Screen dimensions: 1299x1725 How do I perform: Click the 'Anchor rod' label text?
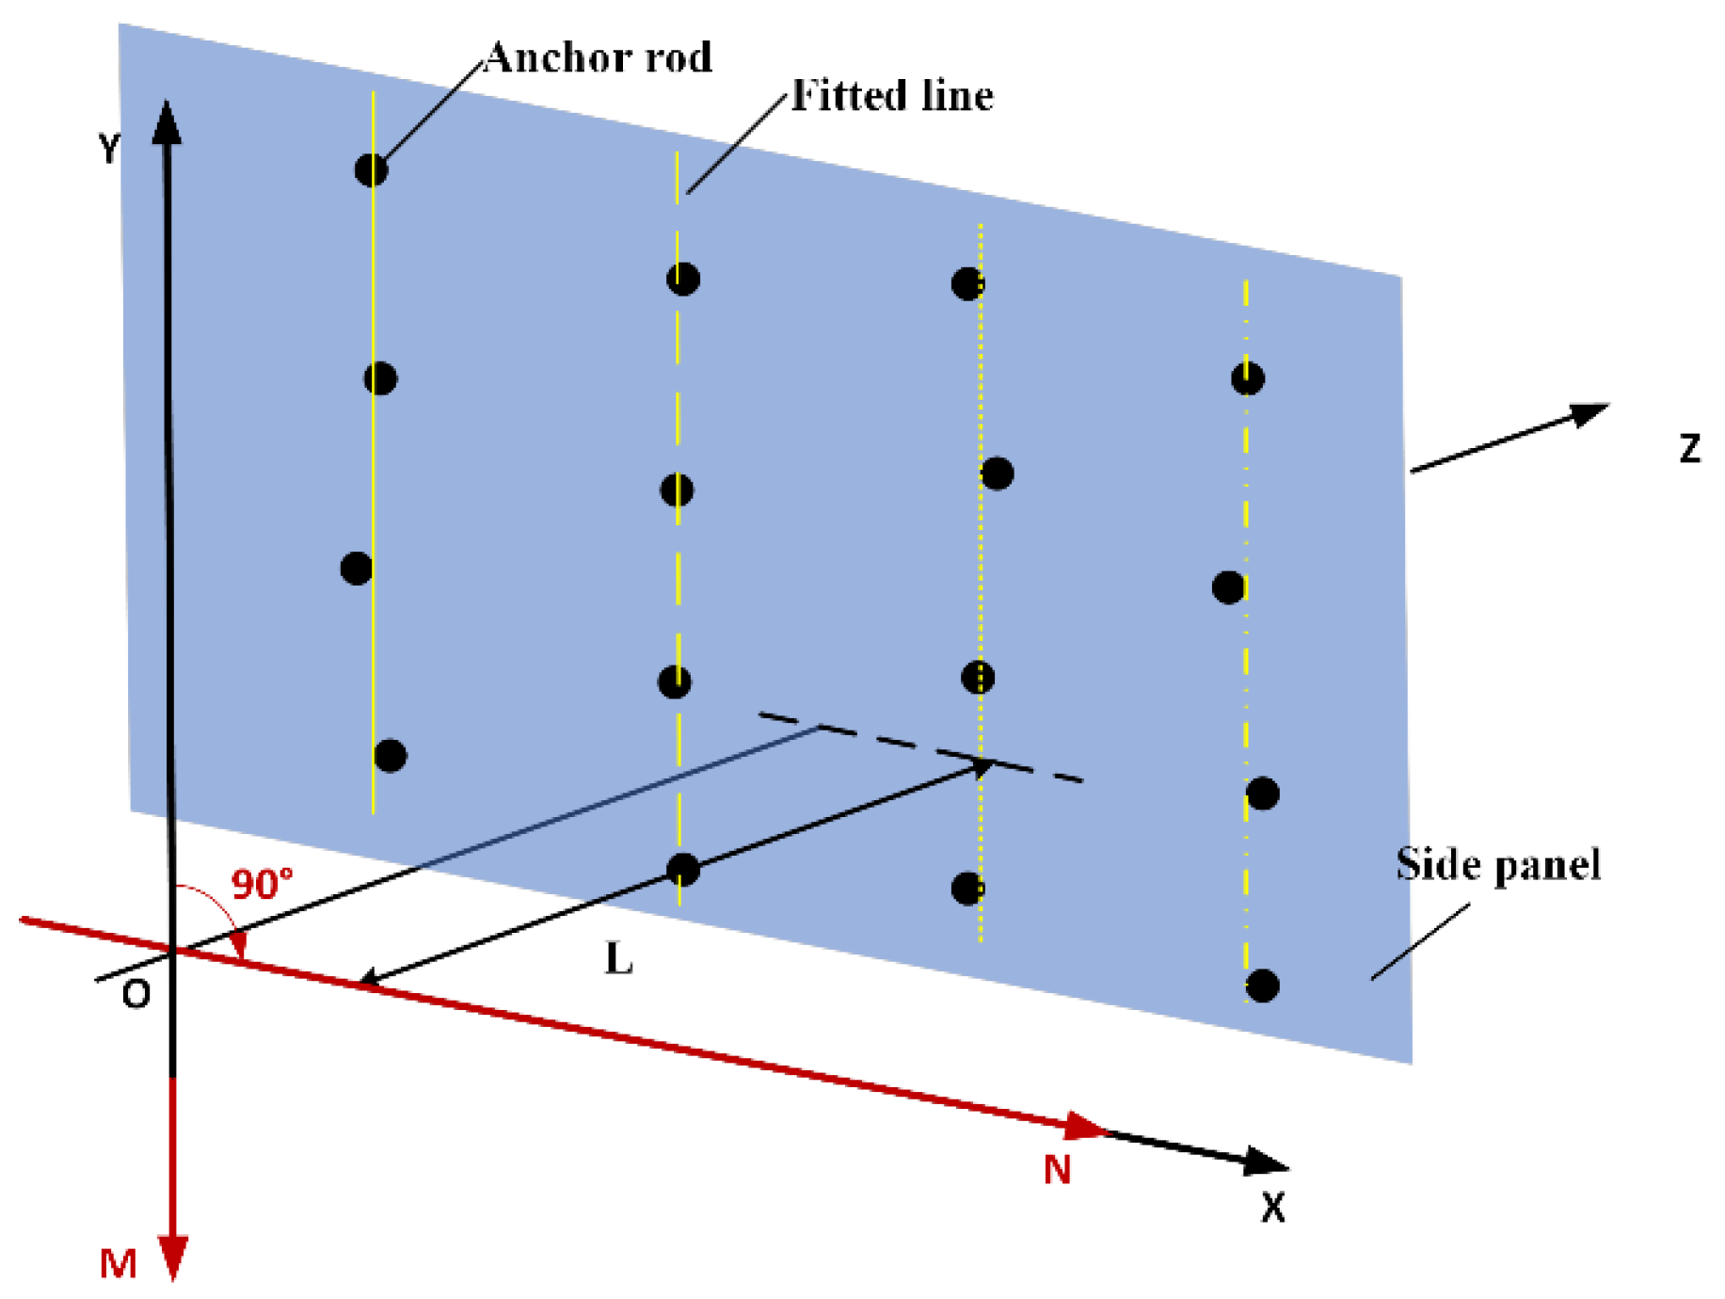tap(599, 58)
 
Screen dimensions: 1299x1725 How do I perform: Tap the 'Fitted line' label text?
tap(891, 96)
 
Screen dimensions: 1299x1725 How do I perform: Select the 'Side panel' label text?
tap(1497, 864)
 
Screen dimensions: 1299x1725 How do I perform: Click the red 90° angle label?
tap(262, 884)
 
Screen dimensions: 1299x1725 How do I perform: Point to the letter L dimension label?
tap(618, 959)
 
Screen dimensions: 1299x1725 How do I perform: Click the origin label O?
tap(136, 994)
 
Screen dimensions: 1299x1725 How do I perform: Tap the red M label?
tap(118, 1264)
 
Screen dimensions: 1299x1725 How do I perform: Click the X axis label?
tap(1272, 1207)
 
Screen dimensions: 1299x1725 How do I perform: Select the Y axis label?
tap(110, 149)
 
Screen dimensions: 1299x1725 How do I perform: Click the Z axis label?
tap(1689, 449)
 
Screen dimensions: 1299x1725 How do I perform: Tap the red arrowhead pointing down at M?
tap(173, 1257)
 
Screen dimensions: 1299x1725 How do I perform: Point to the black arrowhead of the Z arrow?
tap(1589, 413)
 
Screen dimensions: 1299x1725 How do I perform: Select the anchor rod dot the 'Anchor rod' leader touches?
tap(371, 170)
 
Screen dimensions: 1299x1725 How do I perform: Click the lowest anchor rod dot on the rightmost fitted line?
tap(1262, 986)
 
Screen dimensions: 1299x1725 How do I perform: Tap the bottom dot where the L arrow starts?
tap(682, 869)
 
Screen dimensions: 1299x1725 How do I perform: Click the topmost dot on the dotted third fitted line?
tap(967, 282)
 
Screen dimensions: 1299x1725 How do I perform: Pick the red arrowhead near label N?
tap(1084, 1126)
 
